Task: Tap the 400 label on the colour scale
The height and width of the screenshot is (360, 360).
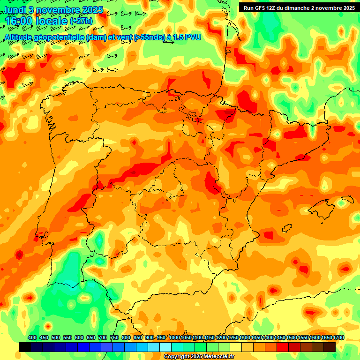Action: pos(32,337)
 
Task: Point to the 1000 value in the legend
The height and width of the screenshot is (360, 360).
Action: pos(174,337)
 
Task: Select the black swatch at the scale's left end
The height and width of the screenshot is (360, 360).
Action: pos(25,347)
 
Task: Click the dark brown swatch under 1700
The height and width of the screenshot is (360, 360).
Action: pos(330,347)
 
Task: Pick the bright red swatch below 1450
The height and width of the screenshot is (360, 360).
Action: pos(283,347)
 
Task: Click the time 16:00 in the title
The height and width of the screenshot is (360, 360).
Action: pos(22,21)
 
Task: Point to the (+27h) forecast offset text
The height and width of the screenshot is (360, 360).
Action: pos(81,22)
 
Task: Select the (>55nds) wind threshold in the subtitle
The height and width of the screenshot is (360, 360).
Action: pos(139,37)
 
